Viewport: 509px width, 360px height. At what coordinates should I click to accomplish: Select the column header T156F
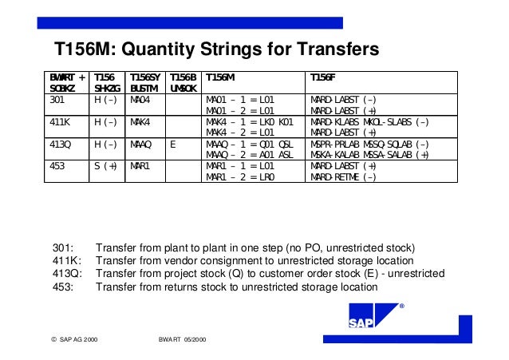point(322,77)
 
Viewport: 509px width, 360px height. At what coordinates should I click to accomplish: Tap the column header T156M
point(221,77)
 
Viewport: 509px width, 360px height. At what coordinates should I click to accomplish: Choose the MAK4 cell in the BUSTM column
point(140,123)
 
